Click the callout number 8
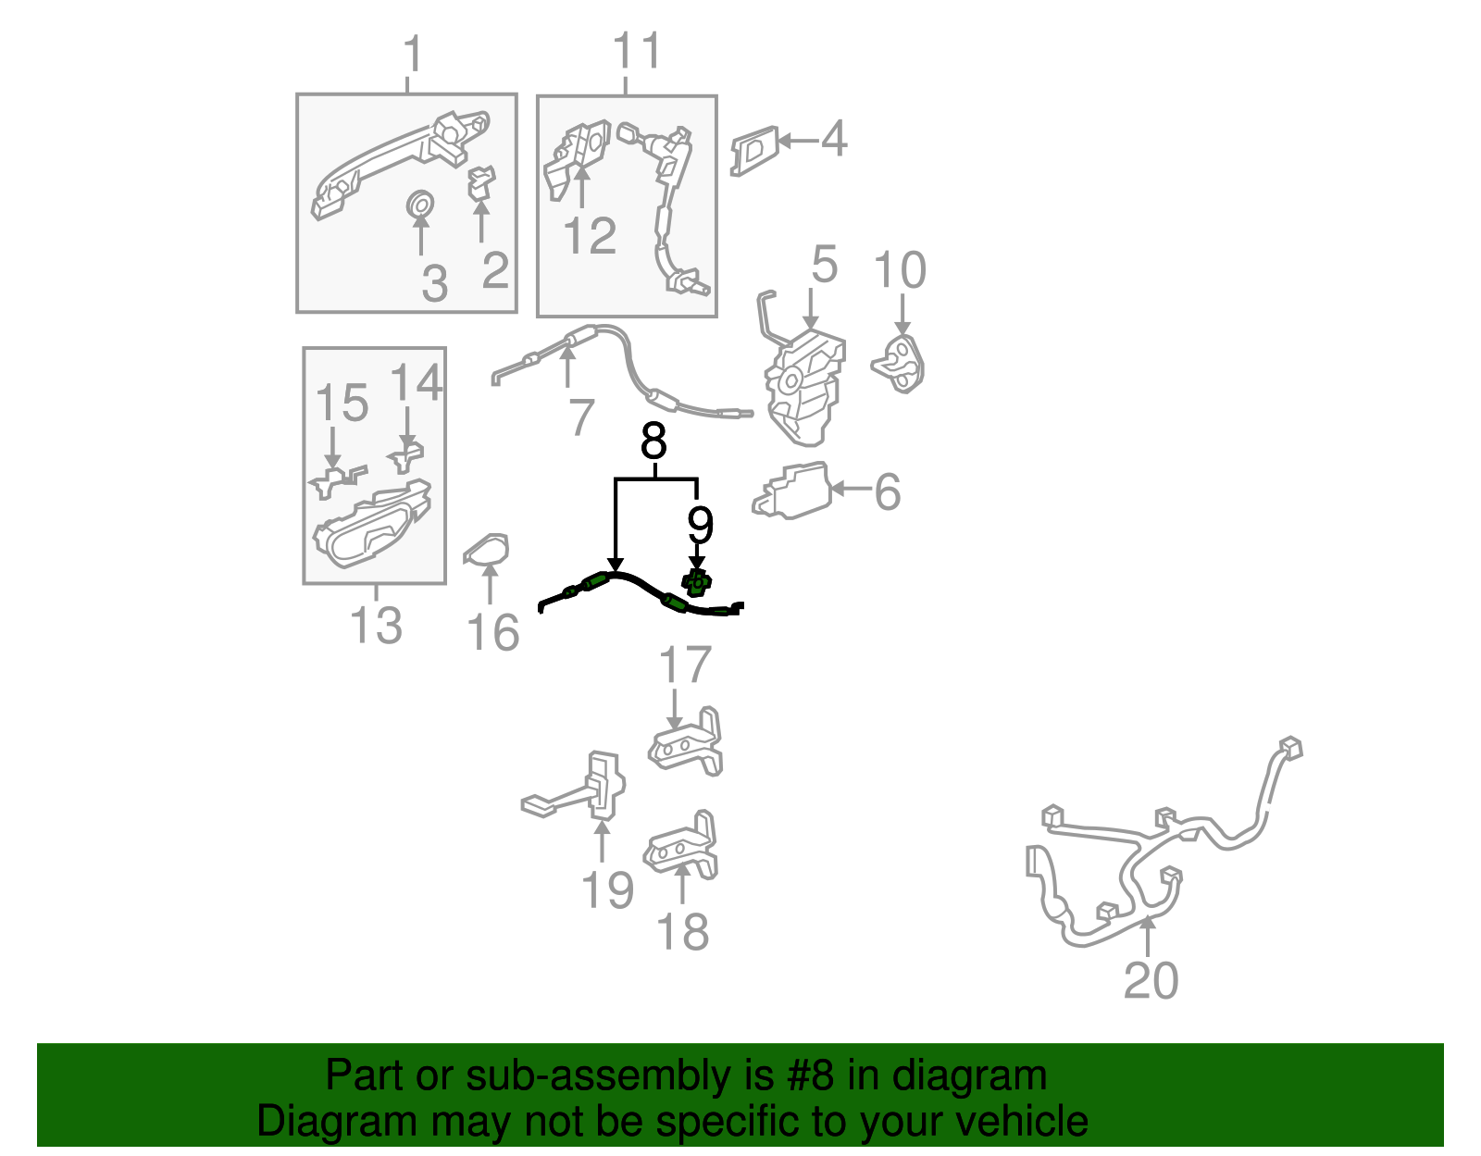653,441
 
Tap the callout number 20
1151,980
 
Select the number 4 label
834,138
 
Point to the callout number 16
492,632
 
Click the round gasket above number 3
419,205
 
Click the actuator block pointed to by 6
792,491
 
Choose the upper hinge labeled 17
685,742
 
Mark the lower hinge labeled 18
681,845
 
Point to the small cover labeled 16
486,551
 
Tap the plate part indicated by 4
754,150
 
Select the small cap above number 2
481,182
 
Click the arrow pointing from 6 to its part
852,489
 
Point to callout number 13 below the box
376,625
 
